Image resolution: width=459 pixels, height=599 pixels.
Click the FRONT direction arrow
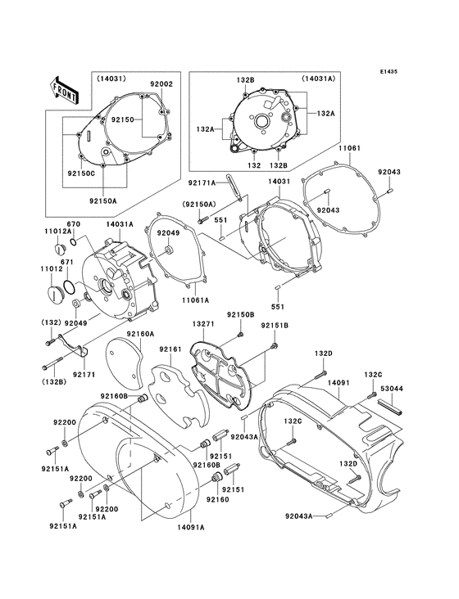click(x=64, y=88)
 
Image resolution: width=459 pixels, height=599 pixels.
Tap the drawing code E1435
click(x=389, y=71)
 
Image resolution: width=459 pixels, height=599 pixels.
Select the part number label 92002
click(x=161, y=84)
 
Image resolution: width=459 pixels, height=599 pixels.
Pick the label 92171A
click(x=202, y=184)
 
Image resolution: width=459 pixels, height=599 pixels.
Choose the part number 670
click(x=73, y=225)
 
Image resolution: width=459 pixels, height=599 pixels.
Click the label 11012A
click(x=56, y=233)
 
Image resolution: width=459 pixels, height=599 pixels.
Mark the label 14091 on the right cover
click(x=339, y=383)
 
